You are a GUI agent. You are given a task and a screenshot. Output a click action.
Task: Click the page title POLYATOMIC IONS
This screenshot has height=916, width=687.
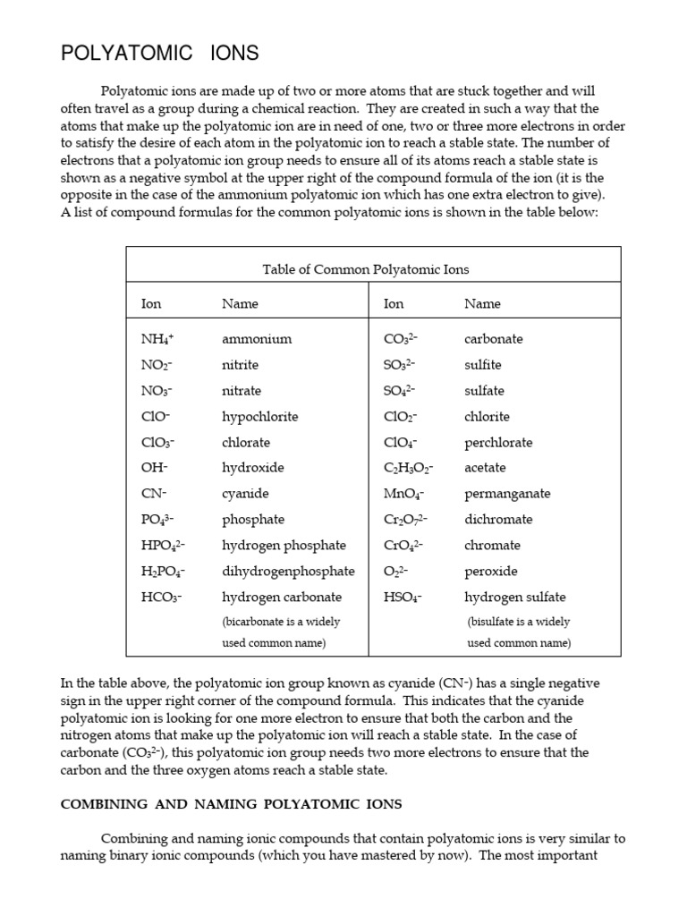tap(159, 54)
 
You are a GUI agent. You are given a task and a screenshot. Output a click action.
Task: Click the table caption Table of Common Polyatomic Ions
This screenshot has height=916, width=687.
tap(365, 269)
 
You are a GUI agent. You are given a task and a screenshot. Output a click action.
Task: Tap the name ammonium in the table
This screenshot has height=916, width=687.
tap(257, 340)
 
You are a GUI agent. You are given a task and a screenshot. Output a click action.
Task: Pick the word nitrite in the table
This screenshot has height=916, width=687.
tap(240, 365)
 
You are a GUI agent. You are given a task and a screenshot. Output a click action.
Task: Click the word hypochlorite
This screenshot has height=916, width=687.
tap(259, 417)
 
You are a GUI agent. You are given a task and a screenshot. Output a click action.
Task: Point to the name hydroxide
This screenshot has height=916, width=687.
tap(252, 468)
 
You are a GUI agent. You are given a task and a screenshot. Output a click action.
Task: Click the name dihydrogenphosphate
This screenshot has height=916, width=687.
tap(288, 571)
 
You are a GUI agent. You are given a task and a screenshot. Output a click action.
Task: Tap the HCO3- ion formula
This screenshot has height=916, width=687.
tap(161, 597)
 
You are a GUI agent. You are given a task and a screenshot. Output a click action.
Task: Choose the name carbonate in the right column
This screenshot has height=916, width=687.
tap(493, 340)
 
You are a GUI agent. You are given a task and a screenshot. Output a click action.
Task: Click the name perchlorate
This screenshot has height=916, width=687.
tap(497, 443)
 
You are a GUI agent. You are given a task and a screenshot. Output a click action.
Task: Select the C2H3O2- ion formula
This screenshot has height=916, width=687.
tap(408, 468)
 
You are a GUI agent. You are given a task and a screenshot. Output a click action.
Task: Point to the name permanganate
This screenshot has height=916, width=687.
tap(507, 494)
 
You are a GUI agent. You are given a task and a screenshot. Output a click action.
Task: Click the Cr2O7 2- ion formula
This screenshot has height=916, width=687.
tap(405, 520)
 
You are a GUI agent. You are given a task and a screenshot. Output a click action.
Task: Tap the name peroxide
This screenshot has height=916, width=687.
tap(490, 571)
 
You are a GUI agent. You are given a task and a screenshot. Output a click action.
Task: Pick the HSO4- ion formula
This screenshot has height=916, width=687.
tap(403, 597)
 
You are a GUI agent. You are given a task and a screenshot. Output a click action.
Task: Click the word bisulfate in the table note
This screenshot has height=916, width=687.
tap(495, 622)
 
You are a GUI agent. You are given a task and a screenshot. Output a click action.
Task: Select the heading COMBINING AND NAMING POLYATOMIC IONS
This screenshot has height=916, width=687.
tap(231, 804)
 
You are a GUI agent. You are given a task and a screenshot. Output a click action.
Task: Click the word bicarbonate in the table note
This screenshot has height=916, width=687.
tap(256, 622)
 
